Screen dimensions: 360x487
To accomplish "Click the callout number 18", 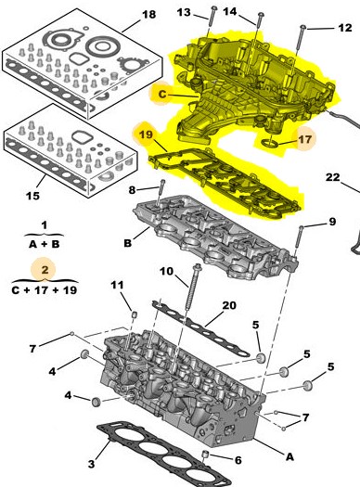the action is tap(149, 14).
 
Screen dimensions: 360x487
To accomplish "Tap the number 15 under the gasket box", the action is tap(32, 196).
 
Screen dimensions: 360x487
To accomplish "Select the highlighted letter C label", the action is tap(162, 94).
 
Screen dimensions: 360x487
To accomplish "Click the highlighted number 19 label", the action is tap(146, 135).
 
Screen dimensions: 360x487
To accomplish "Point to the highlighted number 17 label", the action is tap(304, 139).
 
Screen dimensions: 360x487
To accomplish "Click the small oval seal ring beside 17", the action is tap(269, 142).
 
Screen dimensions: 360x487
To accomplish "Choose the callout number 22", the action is tap(333, 177).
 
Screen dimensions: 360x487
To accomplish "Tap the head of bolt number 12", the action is tap(302, 28).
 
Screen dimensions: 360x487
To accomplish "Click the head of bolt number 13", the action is tap(214, 8).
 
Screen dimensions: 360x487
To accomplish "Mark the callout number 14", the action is tap(230, 12).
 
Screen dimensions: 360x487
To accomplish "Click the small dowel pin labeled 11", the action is tap(135, 314).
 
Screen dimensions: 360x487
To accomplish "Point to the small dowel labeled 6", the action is tap(205, 455).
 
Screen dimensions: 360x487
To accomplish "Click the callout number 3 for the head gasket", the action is tap(91, 464).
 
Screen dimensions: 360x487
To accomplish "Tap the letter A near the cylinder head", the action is tap(289, 456).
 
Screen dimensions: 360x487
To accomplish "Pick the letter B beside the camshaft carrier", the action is tap(128, 243).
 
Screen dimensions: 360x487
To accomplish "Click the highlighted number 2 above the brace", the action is tap(45, 269).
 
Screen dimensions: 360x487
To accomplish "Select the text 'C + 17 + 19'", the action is tap(45, 290).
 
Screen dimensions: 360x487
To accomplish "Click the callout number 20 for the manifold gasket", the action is tap(229, 305).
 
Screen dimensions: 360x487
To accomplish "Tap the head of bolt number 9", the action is tap(301, 227).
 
